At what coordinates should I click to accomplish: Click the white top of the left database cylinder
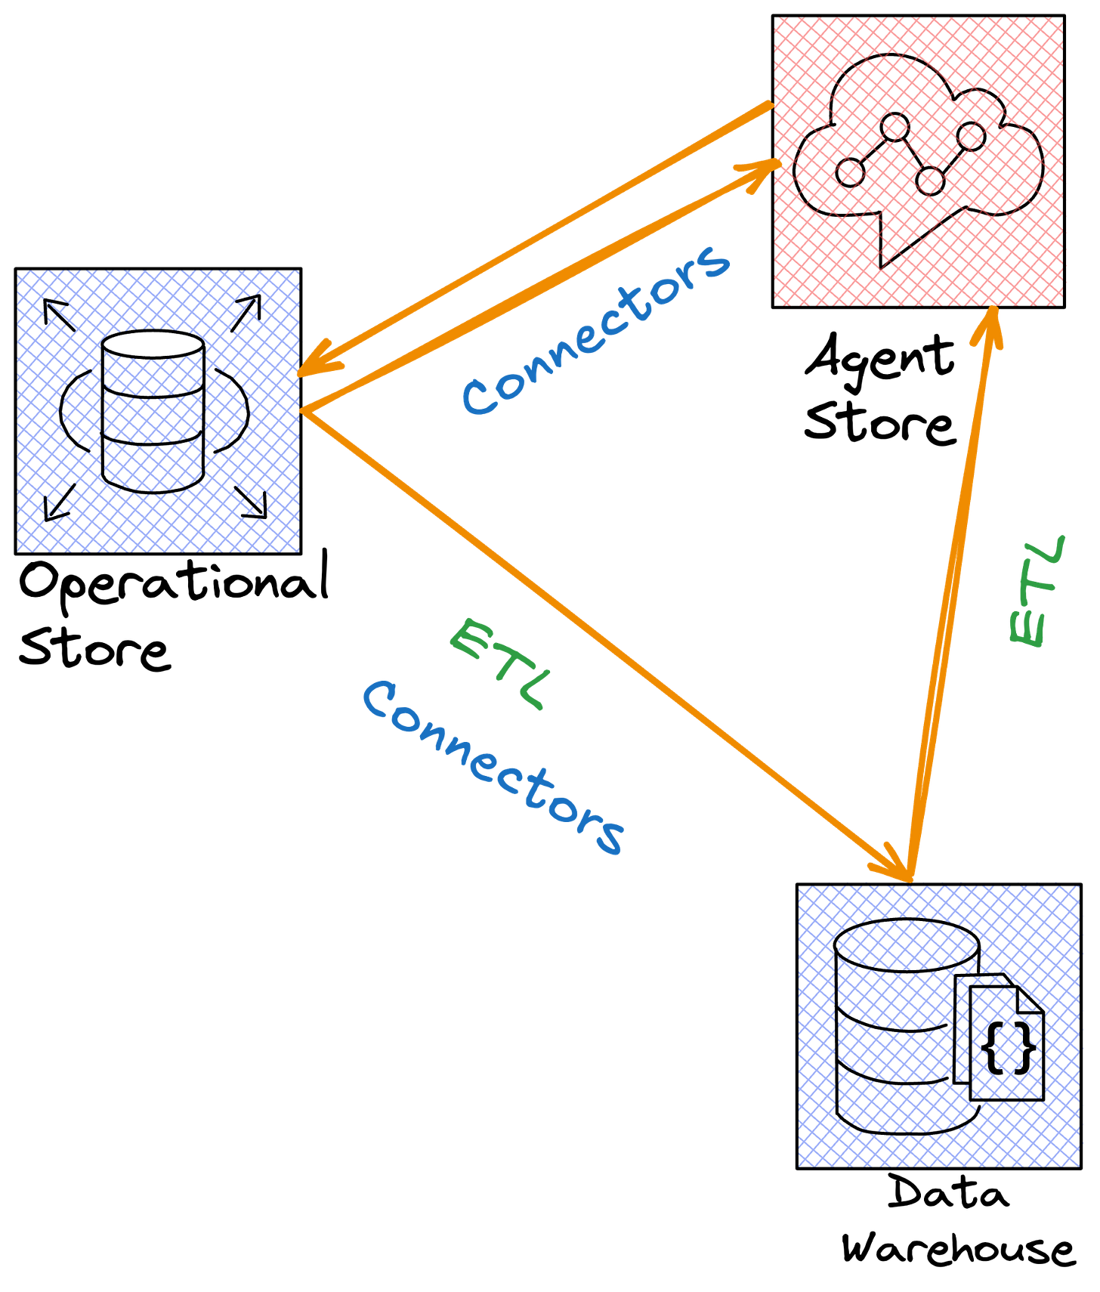pos(153,345)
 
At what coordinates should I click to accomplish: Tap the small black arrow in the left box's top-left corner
pos(54,308)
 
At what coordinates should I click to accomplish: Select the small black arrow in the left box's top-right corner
pos(252,305)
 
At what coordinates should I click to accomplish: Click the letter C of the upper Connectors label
pos(479,397)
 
